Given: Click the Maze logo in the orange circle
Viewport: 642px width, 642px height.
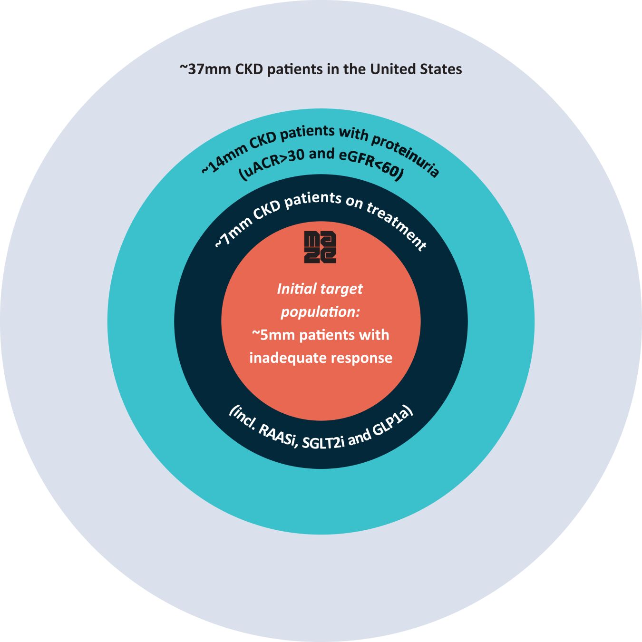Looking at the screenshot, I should [320, 247].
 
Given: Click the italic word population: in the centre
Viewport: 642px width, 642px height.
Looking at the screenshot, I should [320, 312].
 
